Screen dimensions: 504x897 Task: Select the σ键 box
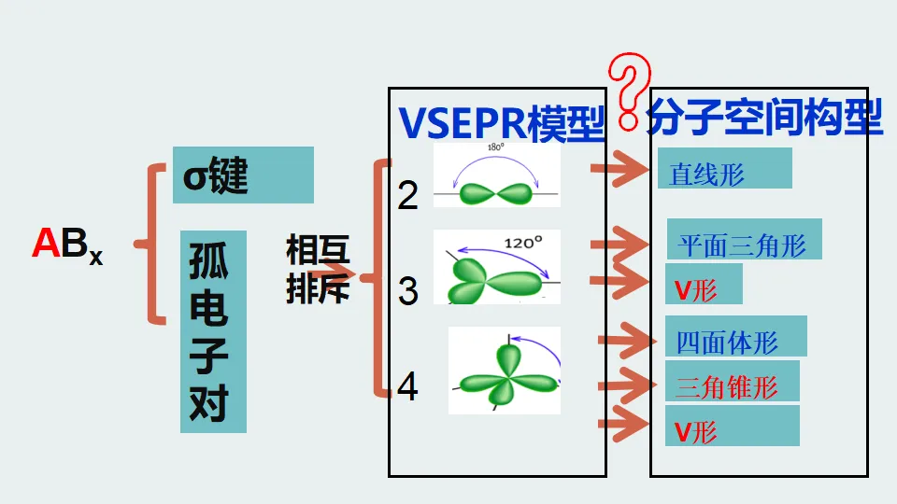point(243,175)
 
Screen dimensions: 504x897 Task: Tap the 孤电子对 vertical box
point(213,331)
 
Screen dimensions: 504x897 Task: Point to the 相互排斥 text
point(318,269)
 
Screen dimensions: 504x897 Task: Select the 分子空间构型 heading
point(763,118)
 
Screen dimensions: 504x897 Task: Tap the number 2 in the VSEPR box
point(408,195)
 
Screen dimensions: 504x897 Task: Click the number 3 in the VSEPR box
point(408,291)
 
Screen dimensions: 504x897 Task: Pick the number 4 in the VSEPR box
point(408,385)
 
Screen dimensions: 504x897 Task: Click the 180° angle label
point(496,147)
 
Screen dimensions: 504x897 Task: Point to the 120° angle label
point(523,244)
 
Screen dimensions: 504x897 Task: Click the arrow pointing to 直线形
point(620,169)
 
